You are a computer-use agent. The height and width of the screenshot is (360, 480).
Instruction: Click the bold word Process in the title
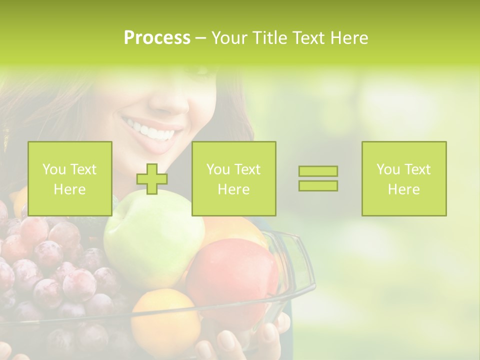(x=157, y=38)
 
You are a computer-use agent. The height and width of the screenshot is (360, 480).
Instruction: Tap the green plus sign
(x=152, y=179)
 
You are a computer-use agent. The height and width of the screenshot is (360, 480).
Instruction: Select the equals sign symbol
(x=318, y=178)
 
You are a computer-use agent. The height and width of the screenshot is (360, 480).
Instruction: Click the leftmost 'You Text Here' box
(x=70, y=178)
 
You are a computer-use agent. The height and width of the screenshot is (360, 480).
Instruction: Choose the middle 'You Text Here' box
(x=234, y=178)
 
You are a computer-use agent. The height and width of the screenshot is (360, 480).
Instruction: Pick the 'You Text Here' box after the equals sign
(x=404, y=178)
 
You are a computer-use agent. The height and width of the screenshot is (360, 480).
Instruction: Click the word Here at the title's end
(x=350, y=38)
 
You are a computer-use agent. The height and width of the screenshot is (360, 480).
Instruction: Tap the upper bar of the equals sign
(x=318, y=171)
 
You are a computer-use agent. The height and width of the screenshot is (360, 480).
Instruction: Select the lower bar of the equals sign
(x=318, y=185)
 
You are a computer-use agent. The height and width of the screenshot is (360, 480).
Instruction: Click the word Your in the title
(x=228, y=38)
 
